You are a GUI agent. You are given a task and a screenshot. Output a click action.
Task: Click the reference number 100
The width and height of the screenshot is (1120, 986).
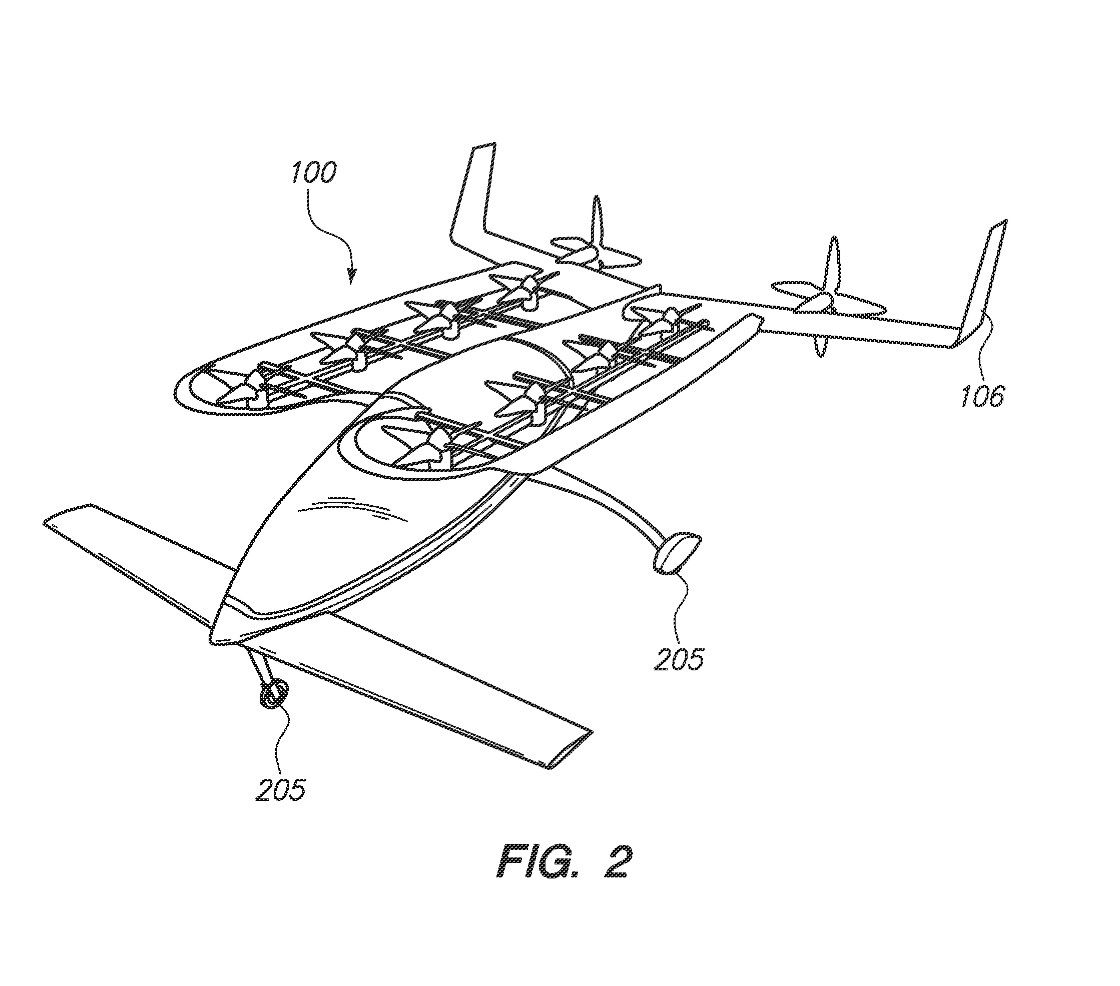pos(313,173)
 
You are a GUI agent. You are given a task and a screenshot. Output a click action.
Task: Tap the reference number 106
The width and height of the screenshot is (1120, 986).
pos(983,396)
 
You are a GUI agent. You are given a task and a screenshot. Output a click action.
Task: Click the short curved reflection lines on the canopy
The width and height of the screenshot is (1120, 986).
pos(351,507)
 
